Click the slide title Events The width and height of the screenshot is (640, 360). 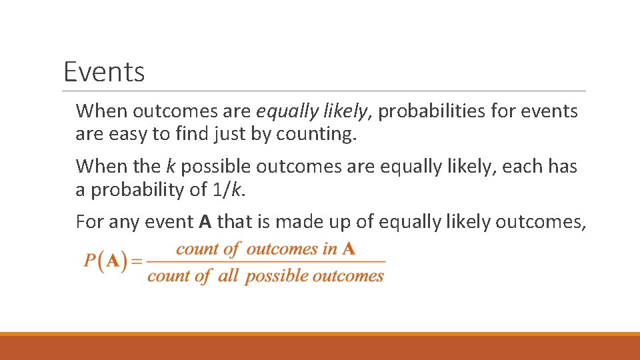click(104, 71)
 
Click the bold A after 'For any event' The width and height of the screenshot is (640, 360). click(205, 221)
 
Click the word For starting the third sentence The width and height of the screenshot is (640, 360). click(89, 221)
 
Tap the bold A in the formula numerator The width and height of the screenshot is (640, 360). click(349, 249)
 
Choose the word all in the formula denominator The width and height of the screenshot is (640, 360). click(228, 276)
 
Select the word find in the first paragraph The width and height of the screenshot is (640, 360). click(192, 134)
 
